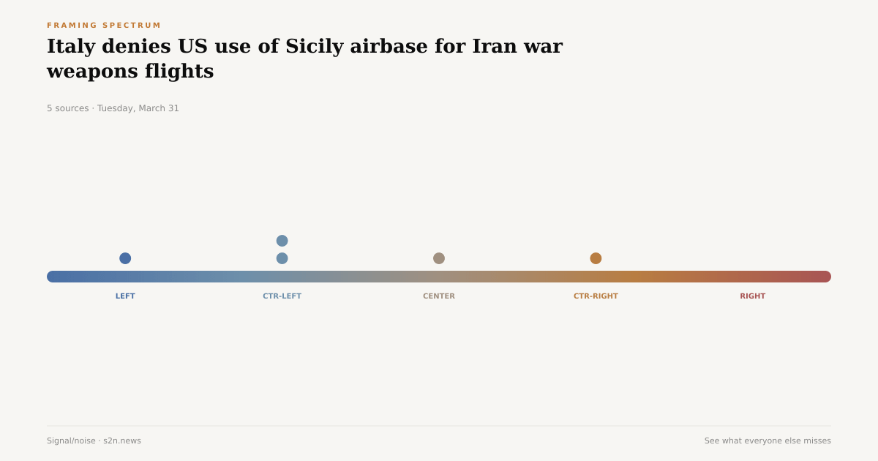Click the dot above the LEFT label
click(125, 258)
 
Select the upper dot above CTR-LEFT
click(282, 241)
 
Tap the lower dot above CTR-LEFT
click(282, 258)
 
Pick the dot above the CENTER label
click(439, 258)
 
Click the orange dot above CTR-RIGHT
click(596, 258)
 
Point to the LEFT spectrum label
click(125, 296)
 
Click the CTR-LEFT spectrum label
click(282, 296)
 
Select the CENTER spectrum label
click(439, 296)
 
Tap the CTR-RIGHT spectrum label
click(596, 296)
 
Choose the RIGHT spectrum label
click(752, 296)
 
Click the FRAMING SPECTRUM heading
click(104, 26)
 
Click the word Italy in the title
click(71, 46)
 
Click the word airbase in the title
click(389, 46)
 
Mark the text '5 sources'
click(67, 108)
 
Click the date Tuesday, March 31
click(138, 108)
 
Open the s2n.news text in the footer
click(122, 441)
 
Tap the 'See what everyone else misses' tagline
click(768, 441)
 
